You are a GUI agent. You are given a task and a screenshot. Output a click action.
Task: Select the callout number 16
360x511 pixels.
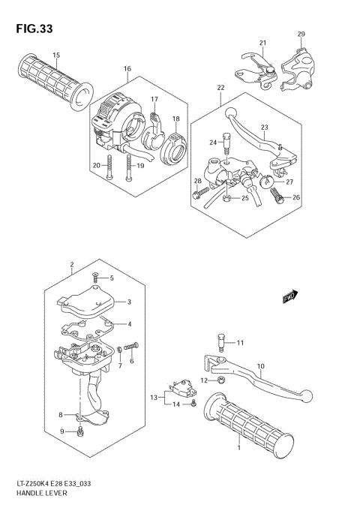[127, 69]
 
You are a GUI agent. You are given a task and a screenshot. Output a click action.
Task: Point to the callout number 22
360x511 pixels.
[220, 88]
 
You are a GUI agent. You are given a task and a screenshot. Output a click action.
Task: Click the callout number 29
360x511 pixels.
[301, 35]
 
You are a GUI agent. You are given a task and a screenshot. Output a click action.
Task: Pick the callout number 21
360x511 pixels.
[263, 42]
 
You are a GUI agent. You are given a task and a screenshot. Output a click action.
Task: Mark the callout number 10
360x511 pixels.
[260, 367]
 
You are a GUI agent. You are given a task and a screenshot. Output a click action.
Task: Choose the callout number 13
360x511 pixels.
[153, 396]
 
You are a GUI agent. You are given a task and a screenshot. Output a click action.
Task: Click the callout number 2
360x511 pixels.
[71, 265]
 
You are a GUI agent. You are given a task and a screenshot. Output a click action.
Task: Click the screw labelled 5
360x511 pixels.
[95, 278]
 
